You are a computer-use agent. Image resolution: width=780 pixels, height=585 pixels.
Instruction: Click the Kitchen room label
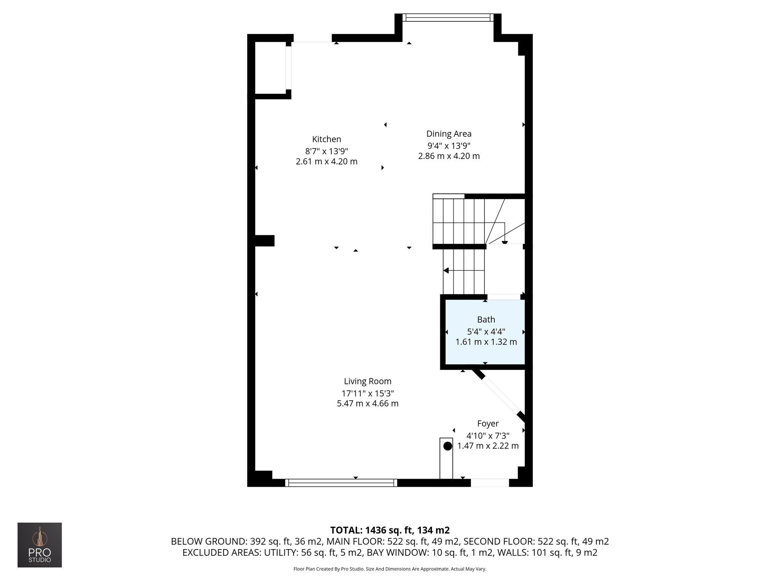point(326,139)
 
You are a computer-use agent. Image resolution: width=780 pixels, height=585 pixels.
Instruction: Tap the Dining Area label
point(449,134)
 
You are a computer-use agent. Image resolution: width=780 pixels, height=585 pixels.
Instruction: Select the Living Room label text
point(368,381)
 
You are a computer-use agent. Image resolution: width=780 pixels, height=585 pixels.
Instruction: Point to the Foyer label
point(488,424)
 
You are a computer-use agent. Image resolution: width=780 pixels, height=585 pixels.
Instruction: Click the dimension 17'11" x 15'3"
point(368,393)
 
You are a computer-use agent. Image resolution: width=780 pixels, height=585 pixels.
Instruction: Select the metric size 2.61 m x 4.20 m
point(326,161)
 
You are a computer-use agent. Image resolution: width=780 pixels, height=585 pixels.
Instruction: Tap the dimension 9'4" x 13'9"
point(449,145)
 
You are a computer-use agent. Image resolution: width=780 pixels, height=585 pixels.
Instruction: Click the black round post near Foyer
point(448,446)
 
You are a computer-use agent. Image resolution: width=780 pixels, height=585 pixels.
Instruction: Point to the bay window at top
point(448,18)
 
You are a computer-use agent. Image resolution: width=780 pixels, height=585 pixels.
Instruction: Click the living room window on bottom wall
point(341,483)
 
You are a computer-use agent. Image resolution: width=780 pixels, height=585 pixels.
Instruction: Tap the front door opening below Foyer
point(490,483)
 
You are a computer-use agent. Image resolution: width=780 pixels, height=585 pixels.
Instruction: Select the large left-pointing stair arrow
point(446,270)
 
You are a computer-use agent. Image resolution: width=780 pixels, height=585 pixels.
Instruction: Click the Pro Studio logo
point(40,545)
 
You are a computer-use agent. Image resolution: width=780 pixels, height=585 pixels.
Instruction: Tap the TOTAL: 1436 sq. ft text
point(390,530)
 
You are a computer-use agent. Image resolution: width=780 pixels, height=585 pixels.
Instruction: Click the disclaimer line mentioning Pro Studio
point(390,569)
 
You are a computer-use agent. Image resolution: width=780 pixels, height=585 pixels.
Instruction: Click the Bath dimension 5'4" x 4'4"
point(486,331)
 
